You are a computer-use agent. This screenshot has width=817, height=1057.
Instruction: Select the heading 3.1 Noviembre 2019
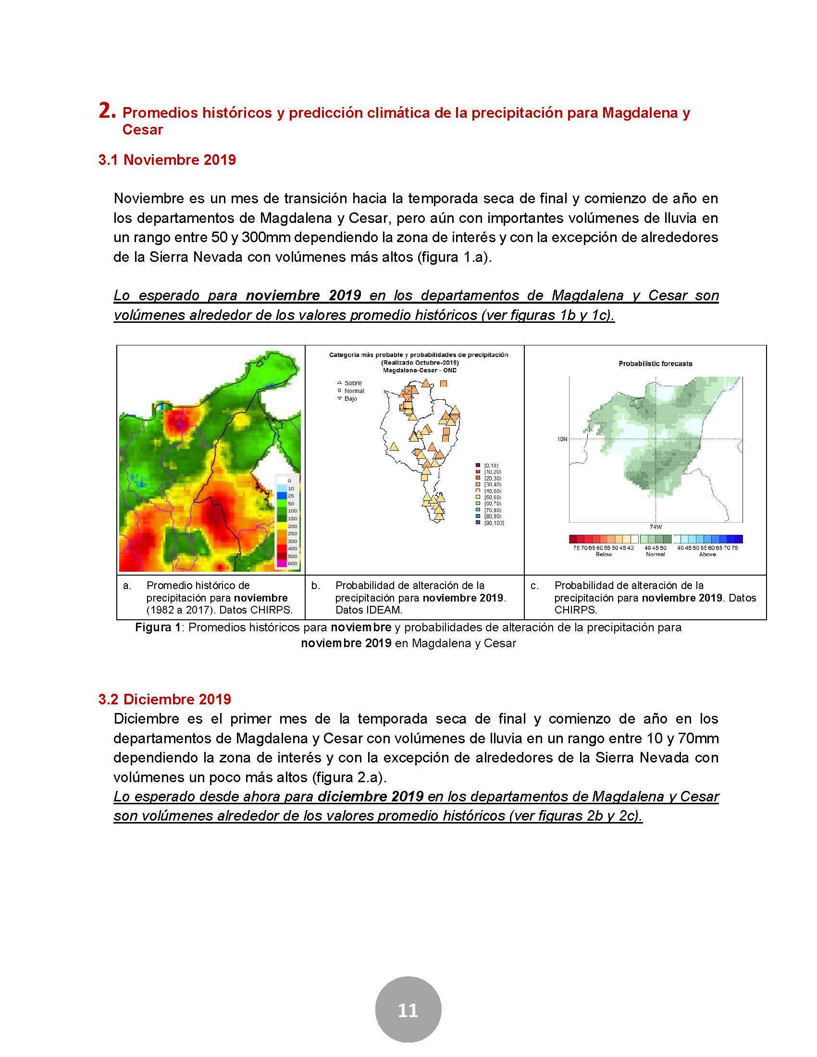pos(167,160)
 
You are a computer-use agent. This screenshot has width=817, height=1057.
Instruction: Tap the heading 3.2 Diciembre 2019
pos(164,699)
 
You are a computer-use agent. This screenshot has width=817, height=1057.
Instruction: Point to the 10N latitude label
pos(561,440)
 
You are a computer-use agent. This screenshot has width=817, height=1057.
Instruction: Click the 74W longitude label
pos(656,527)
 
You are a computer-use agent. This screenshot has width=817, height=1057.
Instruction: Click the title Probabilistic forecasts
pos(656,364)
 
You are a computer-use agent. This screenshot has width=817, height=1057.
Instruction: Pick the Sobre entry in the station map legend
pos(353,383)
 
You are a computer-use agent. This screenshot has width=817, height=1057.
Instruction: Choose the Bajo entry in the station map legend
pos(350,399)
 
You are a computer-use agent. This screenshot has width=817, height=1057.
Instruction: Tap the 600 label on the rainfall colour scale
pos(292,564)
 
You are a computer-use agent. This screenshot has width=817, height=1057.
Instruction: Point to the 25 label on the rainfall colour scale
pos(291,496)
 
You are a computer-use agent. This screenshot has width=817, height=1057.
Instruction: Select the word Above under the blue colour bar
pos(707,554)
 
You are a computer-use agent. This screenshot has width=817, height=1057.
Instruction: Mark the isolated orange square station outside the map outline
pos(444,384)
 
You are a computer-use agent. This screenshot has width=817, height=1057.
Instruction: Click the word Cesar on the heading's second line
pos(142,130)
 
